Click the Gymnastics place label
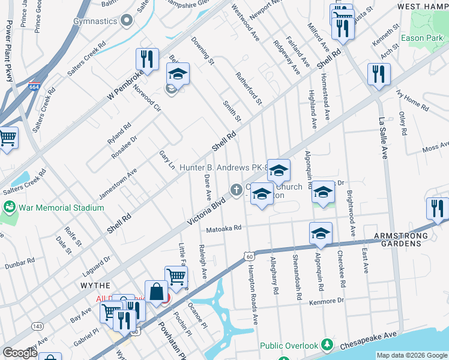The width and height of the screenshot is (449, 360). tap(95, 21)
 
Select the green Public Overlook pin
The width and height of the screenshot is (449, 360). tap(327, 345)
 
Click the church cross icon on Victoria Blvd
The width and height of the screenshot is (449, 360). tap(237, 190)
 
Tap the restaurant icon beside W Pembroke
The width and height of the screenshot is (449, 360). tap(147, 59)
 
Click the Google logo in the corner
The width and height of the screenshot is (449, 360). tap(20, 353)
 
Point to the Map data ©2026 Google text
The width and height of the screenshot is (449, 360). tap(412, 355)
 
